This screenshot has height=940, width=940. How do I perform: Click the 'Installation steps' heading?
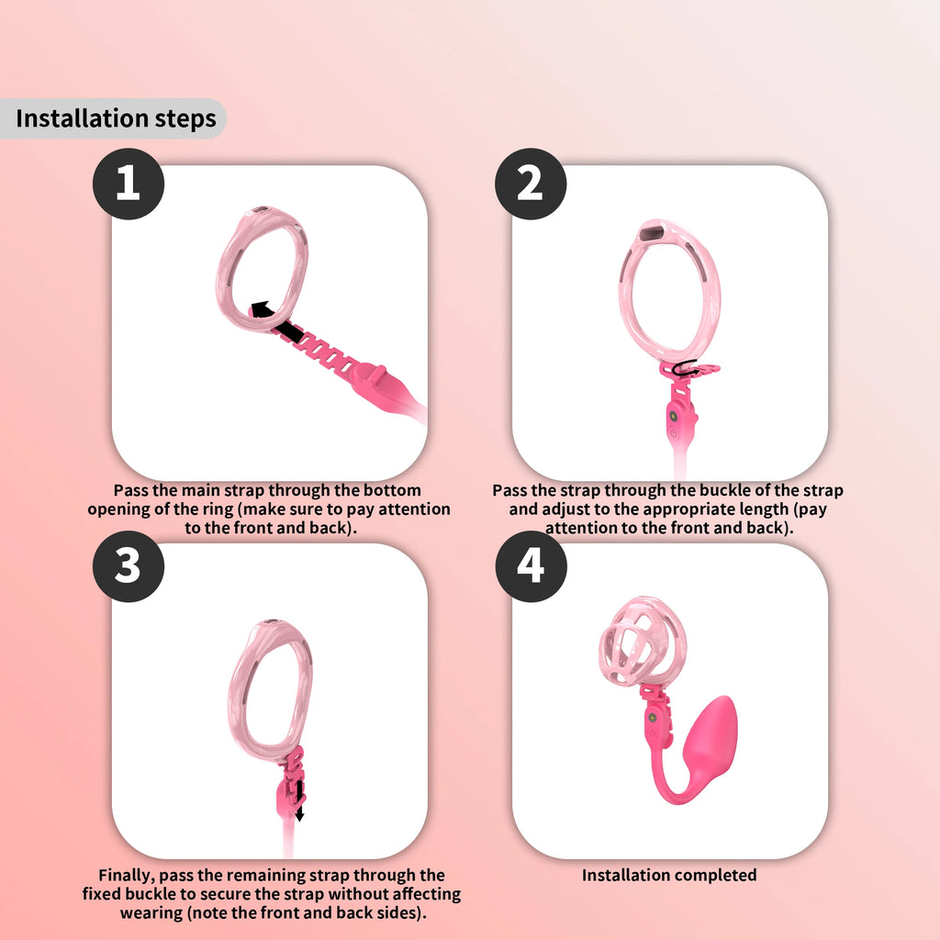point(116,118)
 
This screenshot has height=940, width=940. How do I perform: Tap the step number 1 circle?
point(129,185)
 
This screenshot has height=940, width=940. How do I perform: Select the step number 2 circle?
point(531,185)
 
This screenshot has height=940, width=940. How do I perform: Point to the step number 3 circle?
point(129,566)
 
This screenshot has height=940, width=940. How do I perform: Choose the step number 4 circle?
point(531,566)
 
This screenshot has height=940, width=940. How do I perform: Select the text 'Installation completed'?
point(669,875)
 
